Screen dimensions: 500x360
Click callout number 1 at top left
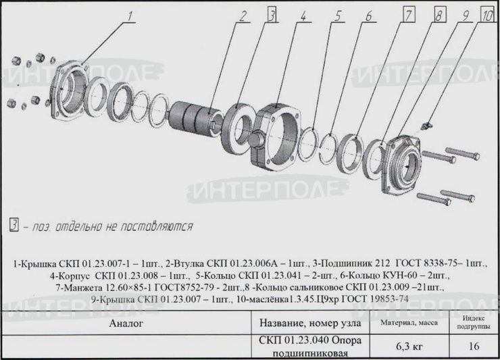(130, 16)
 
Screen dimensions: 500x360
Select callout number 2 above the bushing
(243, 16)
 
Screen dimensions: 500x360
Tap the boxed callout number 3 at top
(272, 15)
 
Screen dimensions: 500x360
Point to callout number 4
(303, 16)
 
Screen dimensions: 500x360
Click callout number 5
(337, 16)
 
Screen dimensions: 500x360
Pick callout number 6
(368, 16)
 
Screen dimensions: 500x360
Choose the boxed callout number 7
(409, 15)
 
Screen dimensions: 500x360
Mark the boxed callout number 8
(439, 15)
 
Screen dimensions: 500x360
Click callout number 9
(466, 16)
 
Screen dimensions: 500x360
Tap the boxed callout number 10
(487, 15)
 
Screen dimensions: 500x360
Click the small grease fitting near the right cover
(426, 125)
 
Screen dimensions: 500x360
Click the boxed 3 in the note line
(14, 225)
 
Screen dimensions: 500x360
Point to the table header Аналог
(126, 323)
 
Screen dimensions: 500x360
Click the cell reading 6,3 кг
(409, 346)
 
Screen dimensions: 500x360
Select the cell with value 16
(474, 346)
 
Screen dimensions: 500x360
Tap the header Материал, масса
(409, 323)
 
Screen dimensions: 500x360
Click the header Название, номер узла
(310, 323)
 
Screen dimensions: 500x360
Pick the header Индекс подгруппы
(474, 322)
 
